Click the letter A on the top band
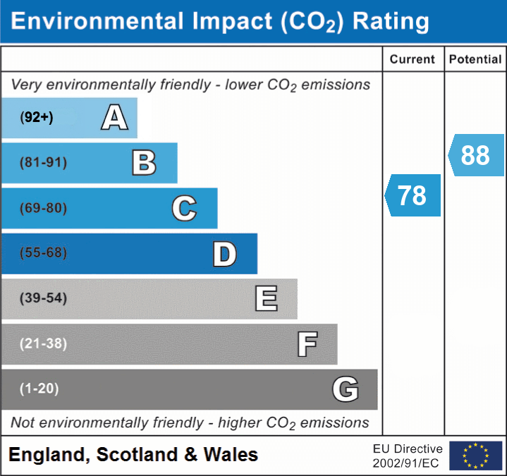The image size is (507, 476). (115, 118)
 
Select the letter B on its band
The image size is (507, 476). (144, 163)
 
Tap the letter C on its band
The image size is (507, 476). (184, 208)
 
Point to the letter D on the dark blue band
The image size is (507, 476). (224, 254)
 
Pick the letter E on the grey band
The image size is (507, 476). (266, 299)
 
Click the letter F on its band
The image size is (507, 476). (307, 344)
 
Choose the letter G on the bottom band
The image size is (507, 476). (346, 389)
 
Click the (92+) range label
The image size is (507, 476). (37, 118)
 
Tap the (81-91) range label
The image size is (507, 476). (43, 163)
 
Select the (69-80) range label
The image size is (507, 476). (43, 208)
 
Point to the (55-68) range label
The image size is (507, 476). (43, 253)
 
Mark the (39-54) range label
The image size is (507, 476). (43, 298)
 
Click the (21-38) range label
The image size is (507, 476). (43, 343)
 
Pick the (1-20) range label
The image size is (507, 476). (39, 389)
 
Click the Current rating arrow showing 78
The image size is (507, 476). (413, 195)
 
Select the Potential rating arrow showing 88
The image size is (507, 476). (476, 155)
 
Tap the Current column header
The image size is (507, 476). (413, 60)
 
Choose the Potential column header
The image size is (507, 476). (475, 60)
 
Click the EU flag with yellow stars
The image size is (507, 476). (475, 456)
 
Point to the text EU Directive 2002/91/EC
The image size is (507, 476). (408, 456)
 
